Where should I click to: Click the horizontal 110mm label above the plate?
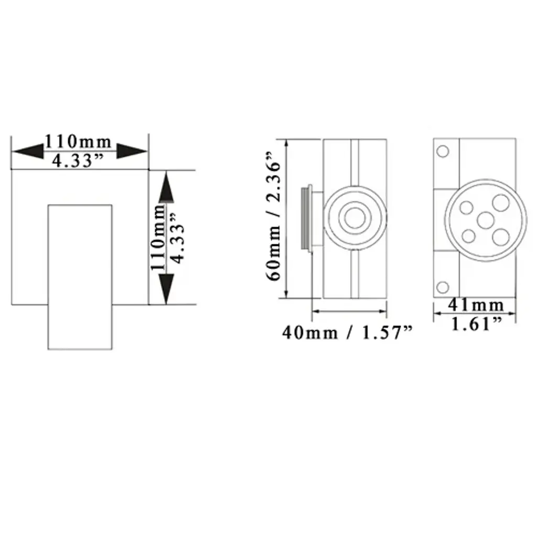point(78,141)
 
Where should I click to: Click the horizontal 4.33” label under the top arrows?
point(78,160)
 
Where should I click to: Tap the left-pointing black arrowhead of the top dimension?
point(28,151)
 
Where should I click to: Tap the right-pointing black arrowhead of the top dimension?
point(132,151)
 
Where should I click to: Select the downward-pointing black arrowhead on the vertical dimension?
point(166,289)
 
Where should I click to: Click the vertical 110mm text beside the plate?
point(158,238)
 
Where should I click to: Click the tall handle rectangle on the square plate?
point(80,277)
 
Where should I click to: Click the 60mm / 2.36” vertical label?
point(274,216)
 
